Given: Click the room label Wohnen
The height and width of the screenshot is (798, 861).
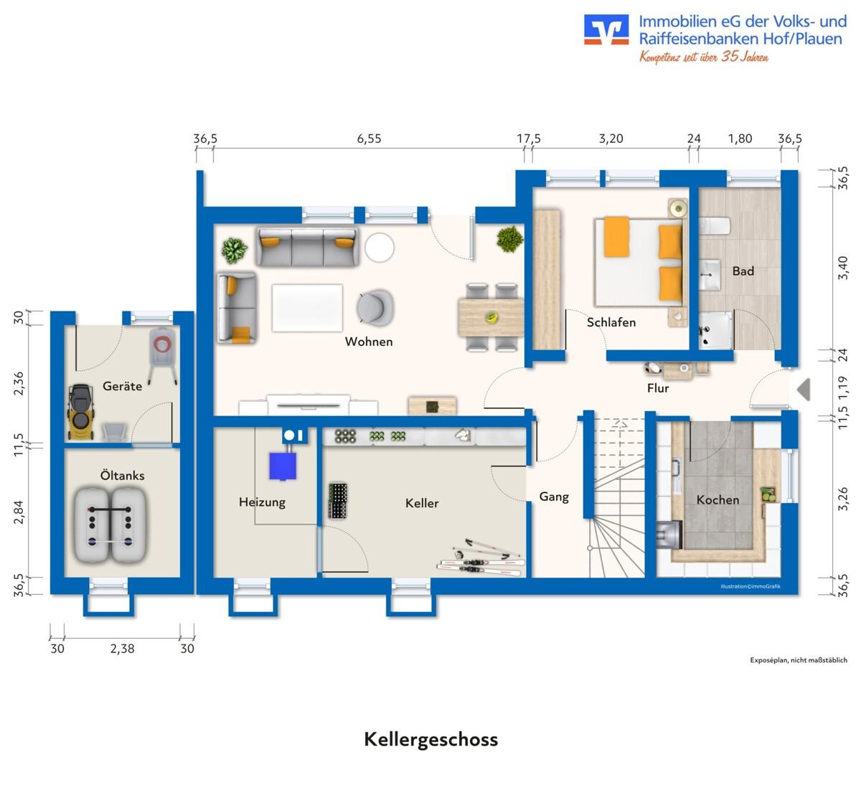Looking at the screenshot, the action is coord(369,342).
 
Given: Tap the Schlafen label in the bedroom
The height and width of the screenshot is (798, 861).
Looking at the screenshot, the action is coord(611,322).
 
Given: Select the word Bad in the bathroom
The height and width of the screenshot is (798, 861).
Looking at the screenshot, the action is coord(743,271).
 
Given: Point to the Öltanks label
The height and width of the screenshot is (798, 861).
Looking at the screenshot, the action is coord(122,475).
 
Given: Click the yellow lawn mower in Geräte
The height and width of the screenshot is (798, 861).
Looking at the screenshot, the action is coord(80,410).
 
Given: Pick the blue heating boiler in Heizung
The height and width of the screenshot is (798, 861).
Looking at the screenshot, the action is coord(283,466).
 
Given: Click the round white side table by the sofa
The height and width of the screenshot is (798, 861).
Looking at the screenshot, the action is coord(380,248).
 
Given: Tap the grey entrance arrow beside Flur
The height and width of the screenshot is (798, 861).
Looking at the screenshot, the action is coord(804,389).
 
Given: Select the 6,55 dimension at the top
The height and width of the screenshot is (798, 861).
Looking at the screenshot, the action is coord(369,139).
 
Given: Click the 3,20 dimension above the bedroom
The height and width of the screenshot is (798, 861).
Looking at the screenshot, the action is coord(611,139).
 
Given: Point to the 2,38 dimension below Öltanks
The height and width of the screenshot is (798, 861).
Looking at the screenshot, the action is coord(122,649).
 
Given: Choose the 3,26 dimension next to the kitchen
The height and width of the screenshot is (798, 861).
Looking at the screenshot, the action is coord(842,499).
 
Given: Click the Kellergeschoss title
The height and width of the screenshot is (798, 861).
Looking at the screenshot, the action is coord(431,739).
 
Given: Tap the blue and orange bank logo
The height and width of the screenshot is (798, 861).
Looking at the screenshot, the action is coord(606,29).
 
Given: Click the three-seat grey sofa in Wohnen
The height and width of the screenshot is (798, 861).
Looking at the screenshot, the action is coord(307,246).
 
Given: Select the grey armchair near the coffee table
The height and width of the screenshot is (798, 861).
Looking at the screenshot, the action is coord(375,307).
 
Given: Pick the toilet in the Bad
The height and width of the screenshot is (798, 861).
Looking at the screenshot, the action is coord(715,226).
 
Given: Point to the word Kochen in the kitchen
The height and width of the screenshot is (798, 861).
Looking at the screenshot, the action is coord(717,500).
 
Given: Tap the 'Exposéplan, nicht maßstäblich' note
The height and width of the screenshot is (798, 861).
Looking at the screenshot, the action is coord(799,660).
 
